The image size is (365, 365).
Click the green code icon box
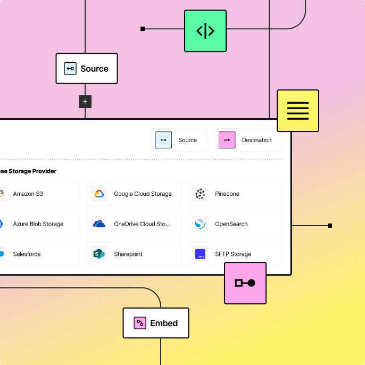click(x=205, y=31)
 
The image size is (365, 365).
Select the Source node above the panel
click(x=86, y=69)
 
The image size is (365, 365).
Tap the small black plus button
click(x=85, y=102)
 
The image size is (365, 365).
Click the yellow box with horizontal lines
click(x=297, y=111)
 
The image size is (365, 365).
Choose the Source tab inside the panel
click(x=179, y=140)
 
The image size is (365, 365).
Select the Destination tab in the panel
click(x=248, y=140)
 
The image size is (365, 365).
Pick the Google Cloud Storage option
click(x=134, y=194)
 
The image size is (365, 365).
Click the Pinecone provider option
click(x=235, y=194)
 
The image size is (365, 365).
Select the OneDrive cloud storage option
click(x=134, y=224)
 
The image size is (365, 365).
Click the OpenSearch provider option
click(x=235, y=224)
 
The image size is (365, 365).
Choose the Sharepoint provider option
click(x=134, y=254)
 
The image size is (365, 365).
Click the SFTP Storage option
click(x=235, y=254)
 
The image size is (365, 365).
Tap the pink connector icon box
click(x=245, y=283)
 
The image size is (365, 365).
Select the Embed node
click(x=156, y=323)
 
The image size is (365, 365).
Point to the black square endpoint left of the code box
click(x=143, y=29)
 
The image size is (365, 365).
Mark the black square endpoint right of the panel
click(x=330, y=226)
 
